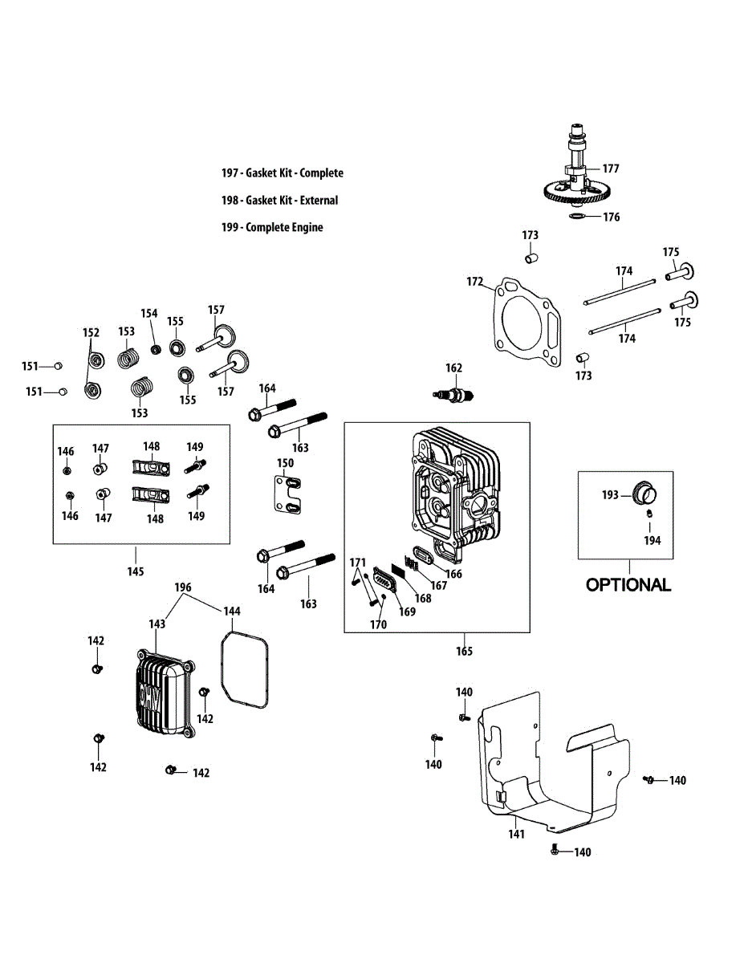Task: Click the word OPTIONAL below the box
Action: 628,584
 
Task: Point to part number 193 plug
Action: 644,492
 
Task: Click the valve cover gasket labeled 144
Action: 244,669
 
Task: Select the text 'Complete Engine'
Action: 284,227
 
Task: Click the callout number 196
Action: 183,587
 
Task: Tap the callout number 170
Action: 378,624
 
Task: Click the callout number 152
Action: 91,332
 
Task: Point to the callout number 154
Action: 149,314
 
